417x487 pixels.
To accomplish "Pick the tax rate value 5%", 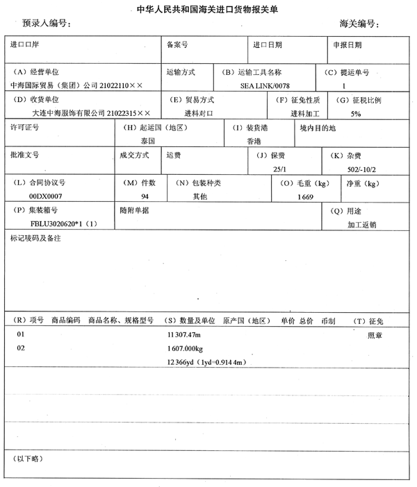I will click(356, 113).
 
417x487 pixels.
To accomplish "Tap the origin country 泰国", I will click(147, 141).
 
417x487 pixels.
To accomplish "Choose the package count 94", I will click(145, 197).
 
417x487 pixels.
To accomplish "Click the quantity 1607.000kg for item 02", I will click(184, 348).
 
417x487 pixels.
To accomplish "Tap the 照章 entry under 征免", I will click(375, 335).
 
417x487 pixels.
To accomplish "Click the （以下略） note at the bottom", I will click(29, 459).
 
